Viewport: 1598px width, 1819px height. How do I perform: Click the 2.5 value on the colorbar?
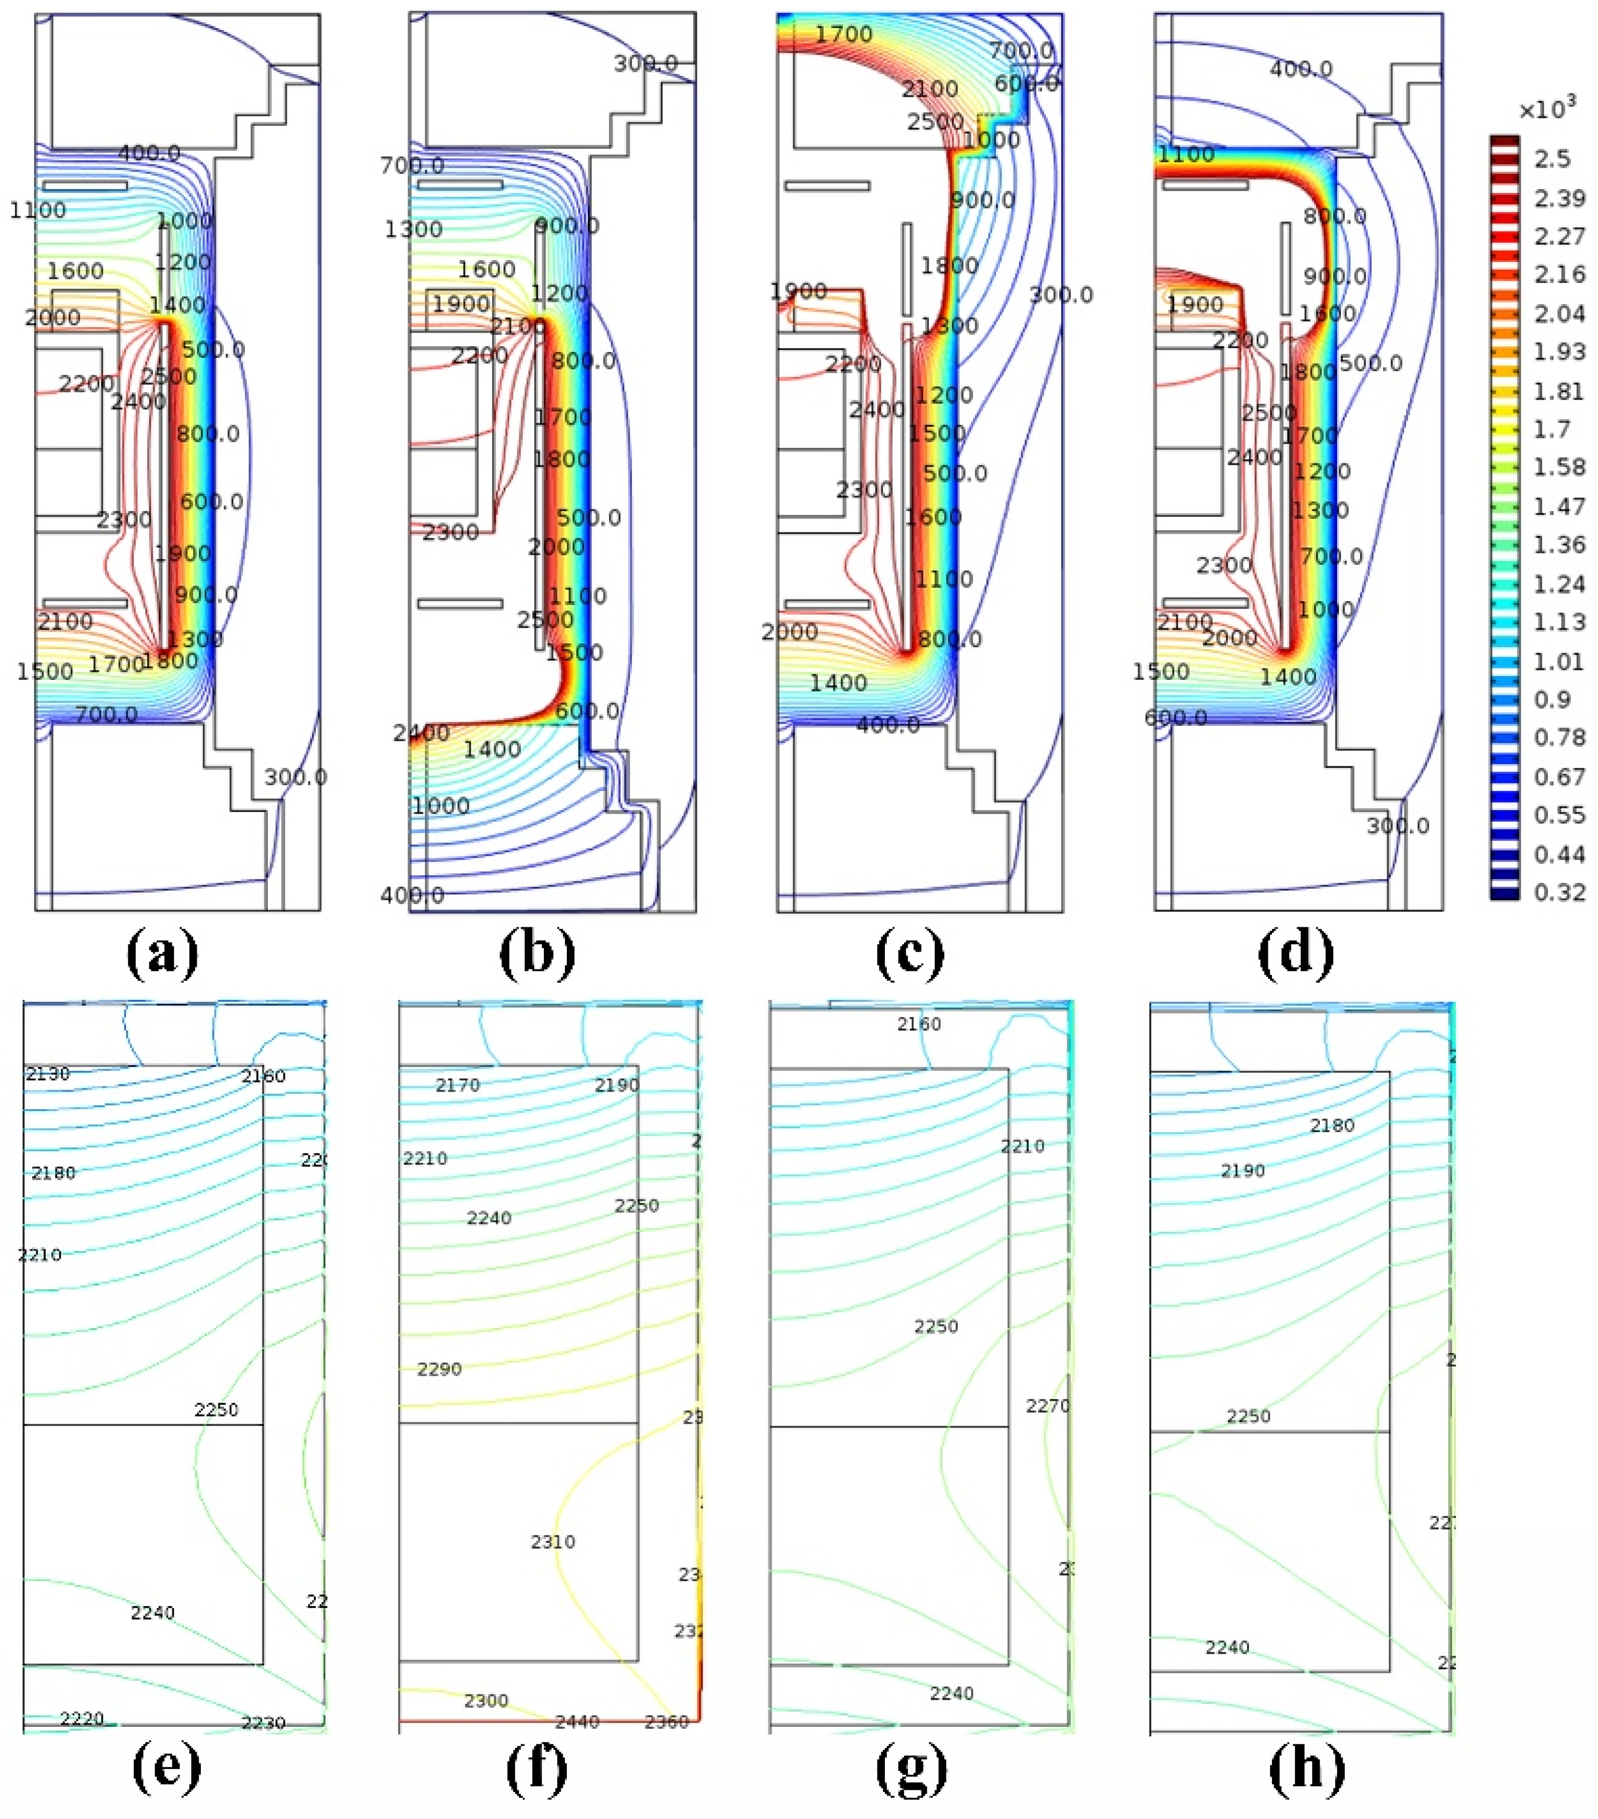pos(1552,159)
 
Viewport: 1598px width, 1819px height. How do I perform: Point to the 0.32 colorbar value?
pos(1559,892)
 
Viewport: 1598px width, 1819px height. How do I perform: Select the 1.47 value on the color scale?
pos(1559,506)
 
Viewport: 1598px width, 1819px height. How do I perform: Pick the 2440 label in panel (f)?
pos(576,1722)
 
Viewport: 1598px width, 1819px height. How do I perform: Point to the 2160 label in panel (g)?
pos(918,1024)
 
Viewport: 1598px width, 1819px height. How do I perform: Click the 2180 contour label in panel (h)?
pos(1332,1126)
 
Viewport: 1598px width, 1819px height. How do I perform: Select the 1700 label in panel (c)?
pos(843,35)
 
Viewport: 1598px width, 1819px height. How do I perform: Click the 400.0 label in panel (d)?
pos(1301,69)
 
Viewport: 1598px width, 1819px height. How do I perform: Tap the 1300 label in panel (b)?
pos(413,229)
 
